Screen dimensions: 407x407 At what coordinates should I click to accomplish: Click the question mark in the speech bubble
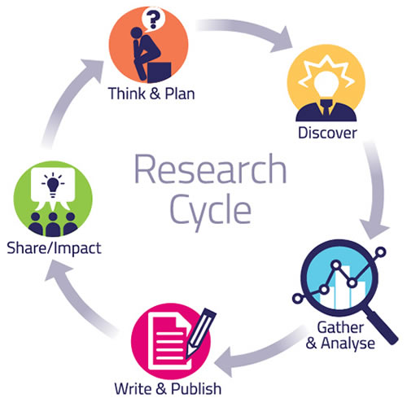pyautogui.click(x=153, y=19)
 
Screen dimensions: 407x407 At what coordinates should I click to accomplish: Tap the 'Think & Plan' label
pyautogui.click(x=151, y=94)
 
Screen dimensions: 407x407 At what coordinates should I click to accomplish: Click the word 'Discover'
pyautogui.click(x=327, y=133)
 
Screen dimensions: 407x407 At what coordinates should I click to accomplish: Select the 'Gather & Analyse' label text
pyautogui.click(x=340, y=335)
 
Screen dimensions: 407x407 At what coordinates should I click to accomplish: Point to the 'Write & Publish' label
pyautogui.click(x=168, y=388)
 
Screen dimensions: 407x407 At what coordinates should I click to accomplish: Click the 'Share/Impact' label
pyautogui.click(x=54, y=248)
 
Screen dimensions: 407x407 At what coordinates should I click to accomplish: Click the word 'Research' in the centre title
pyautogui.click(x=211, y=168)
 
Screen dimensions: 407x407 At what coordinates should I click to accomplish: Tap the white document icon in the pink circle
pyautogui.click(x=168, y=340)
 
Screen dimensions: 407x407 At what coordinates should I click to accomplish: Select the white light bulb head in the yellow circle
pyautogui.click(x=326, y=84)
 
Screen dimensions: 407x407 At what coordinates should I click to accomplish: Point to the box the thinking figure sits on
pyautogui.click(x=160, y=72)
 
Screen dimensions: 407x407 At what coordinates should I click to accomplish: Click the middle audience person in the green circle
pyautogui.click(x=53, y=225)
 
